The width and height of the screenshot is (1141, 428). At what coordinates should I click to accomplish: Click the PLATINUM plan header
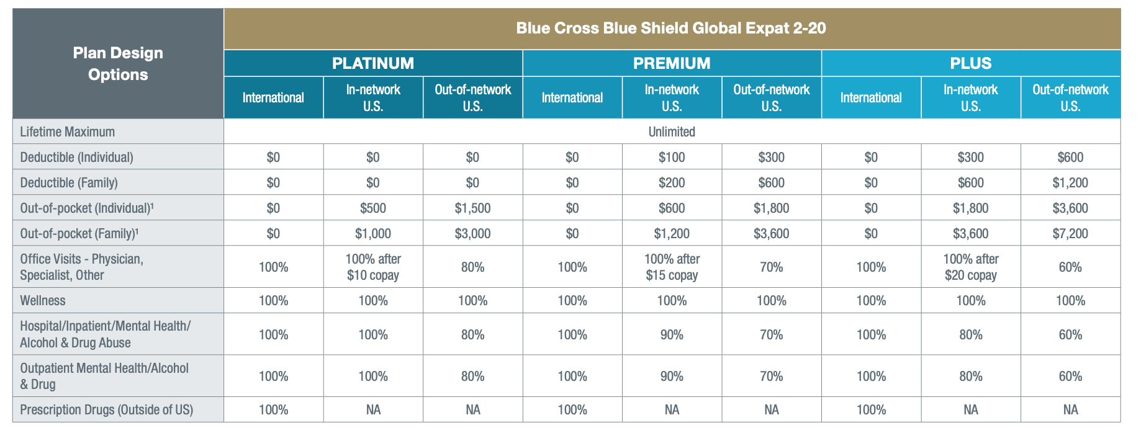point(372,63)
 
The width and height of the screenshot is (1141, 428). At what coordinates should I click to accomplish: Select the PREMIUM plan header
point(672,63)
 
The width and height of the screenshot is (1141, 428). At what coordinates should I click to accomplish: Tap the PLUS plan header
point(970,63)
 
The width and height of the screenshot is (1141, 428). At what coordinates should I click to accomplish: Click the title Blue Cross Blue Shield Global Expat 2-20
point(671,28)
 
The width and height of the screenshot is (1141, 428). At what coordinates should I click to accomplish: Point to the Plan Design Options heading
point(118,63)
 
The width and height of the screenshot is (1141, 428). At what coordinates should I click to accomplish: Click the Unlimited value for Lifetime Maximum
point(672,132)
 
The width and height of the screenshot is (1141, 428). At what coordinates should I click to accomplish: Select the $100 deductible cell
point(672,157)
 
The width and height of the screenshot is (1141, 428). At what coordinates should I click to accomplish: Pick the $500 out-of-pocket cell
point(373,208)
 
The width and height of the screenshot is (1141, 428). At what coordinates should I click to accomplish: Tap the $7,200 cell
point(1070,233)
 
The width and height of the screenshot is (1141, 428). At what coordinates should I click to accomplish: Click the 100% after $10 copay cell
point(373,267)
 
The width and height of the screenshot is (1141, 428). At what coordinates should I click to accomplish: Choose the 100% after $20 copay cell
point(970,267)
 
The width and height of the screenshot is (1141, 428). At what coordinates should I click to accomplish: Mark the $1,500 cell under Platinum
point(472,208)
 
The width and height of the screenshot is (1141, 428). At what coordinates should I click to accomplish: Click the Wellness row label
point(43,300)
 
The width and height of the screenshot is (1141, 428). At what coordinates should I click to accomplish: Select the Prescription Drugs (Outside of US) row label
point(107,409)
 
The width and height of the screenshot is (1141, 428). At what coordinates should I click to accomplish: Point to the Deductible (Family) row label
point(69,182)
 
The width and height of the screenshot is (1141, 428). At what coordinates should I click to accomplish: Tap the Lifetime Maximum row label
point(68,132)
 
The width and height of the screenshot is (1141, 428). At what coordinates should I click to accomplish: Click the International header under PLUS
point(871,97)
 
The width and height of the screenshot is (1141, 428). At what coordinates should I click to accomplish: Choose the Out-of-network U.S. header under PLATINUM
point(472,97)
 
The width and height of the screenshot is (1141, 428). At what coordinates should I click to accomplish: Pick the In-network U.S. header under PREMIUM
point(672,97)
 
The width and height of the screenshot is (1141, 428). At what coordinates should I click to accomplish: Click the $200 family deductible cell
point(672,182)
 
